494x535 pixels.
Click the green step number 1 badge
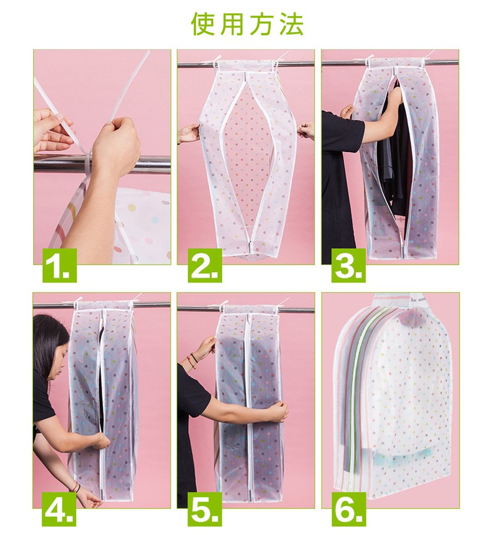click(x=59, y=265)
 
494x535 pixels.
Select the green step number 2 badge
click(x=205, y=265)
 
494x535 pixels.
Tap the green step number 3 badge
click(x=349, y=265)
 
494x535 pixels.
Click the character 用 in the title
click(x=232, y=24)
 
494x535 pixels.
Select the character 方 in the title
click(x=262, y=24)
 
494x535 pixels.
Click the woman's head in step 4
click(x=51, y=345)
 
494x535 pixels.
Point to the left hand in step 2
click(x=189, y=133)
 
